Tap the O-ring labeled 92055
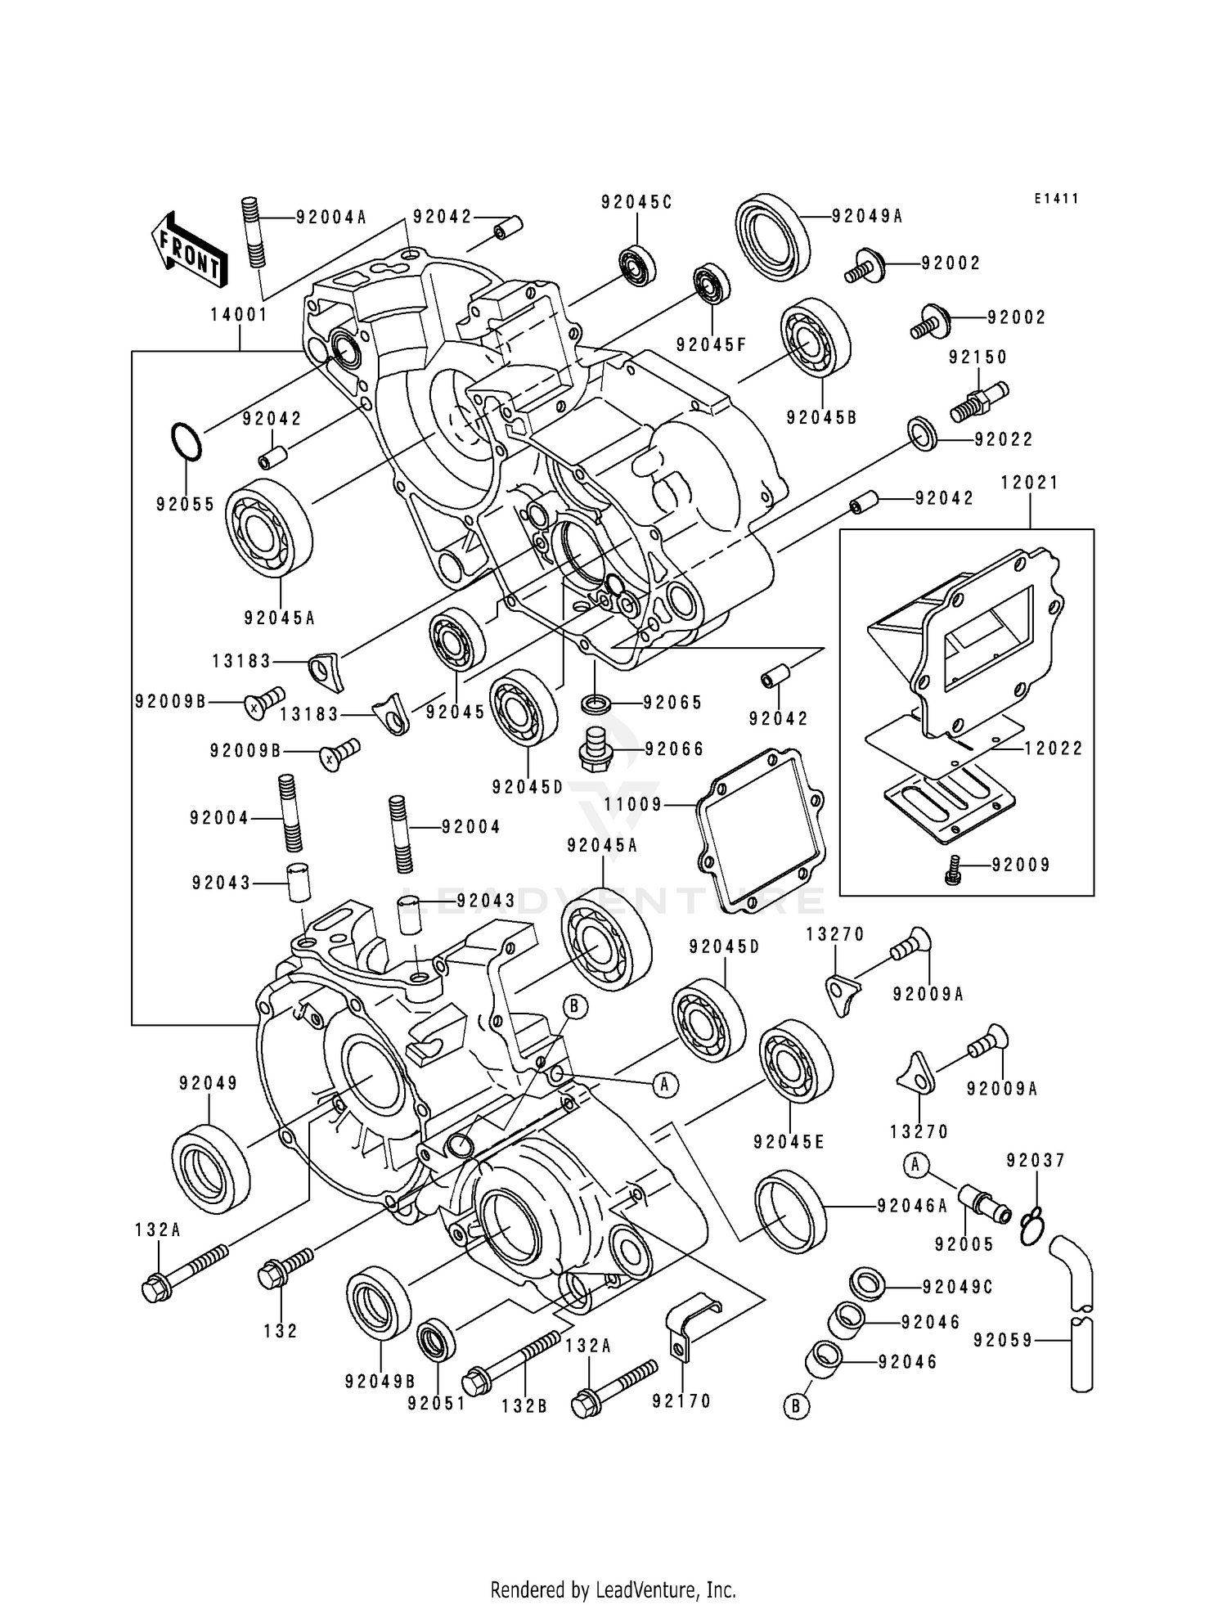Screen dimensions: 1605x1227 186,443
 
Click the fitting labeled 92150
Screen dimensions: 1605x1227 978,402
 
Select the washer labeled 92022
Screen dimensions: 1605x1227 923,434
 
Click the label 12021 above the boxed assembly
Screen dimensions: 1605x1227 1029,483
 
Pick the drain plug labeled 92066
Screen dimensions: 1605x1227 596,749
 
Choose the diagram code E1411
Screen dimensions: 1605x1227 1056,199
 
